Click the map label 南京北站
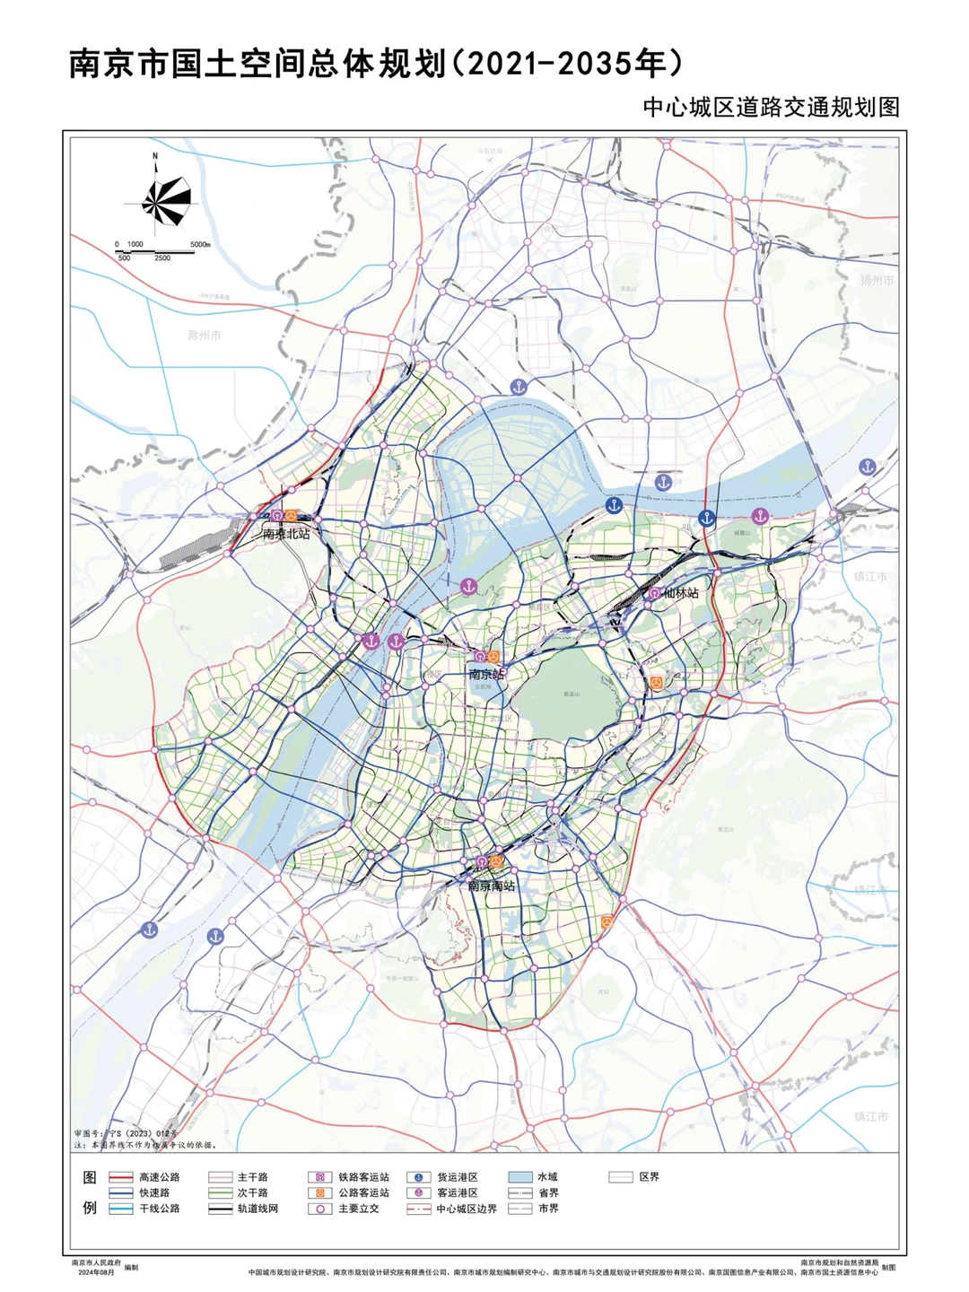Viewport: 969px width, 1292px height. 286,534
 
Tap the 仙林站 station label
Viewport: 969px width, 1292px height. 681,593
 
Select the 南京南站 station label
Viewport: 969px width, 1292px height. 492,886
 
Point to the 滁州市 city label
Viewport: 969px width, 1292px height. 205,335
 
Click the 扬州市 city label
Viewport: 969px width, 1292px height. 877,280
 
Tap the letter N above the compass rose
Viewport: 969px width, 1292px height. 155,156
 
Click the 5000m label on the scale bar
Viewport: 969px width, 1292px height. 199,244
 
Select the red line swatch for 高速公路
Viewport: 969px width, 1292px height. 120,1177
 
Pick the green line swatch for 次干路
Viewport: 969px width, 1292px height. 221,1193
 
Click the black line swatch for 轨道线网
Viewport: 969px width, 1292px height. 221,1209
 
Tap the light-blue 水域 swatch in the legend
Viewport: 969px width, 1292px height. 520,1177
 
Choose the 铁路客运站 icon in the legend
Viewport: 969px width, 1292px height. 320,1177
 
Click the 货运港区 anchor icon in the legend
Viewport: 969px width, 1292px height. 418,1177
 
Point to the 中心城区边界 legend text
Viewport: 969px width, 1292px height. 467,1209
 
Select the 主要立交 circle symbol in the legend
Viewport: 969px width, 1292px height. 320,1209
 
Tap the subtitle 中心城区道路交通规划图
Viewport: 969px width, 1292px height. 771,108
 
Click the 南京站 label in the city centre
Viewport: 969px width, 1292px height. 486,674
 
